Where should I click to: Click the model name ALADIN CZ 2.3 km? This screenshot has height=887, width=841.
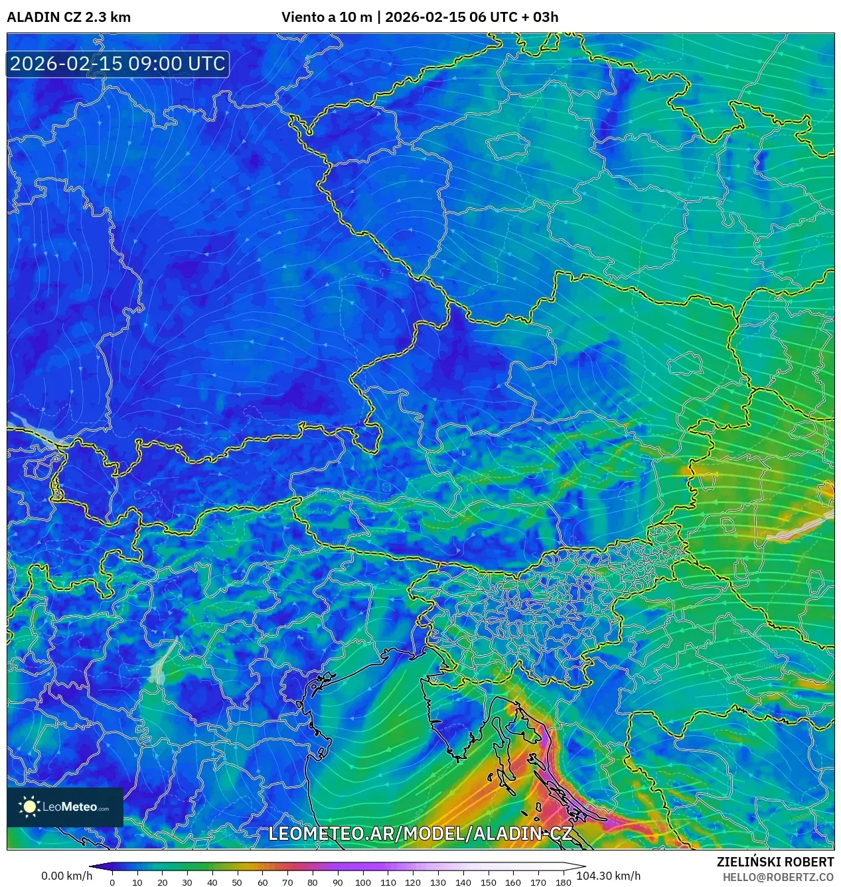tap(68, 17)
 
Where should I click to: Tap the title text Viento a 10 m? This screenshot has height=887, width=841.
tap(327, 17)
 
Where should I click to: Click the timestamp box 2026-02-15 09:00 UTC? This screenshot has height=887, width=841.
tap(117, 64)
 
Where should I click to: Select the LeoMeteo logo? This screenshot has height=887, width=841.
tap(65, 807)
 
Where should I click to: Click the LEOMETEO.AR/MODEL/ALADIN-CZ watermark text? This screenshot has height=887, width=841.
tap(420, 833)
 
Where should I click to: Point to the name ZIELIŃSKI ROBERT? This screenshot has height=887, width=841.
tap(775, 862)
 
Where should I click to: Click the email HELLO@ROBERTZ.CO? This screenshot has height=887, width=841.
tap(778, 877)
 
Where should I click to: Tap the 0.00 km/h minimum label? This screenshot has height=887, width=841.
tap(66, 876)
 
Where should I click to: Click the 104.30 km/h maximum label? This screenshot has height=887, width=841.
tap(608, 876)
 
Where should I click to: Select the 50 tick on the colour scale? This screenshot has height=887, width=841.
tap(237, 882)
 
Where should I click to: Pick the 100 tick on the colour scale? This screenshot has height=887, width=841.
tap(362, 882)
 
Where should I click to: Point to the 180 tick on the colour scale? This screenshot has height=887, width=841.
tap(563, 882)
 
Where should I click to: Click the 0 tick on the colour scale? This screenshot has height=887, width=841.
tap(112, 882)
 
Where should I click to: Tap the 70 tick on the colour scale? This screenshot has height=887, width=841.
tap(287, 882)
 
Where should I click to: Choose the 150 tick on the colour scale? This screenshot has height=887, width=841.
tap(488, 882)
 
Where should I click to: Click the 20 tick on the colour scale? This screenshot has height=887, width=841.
tap(162, 882)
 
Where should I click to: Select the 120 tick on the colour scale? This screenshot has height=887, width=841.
tap(413, 882)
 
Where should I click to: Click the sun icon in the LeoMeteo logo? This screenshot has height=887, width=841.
tap(29, 807)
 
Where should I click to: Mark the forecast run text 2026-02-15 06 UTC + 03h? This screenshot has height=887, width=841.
tap(471, 17)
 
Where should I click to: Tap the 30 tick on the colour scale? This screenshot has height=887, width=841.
tap(187, 882)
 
